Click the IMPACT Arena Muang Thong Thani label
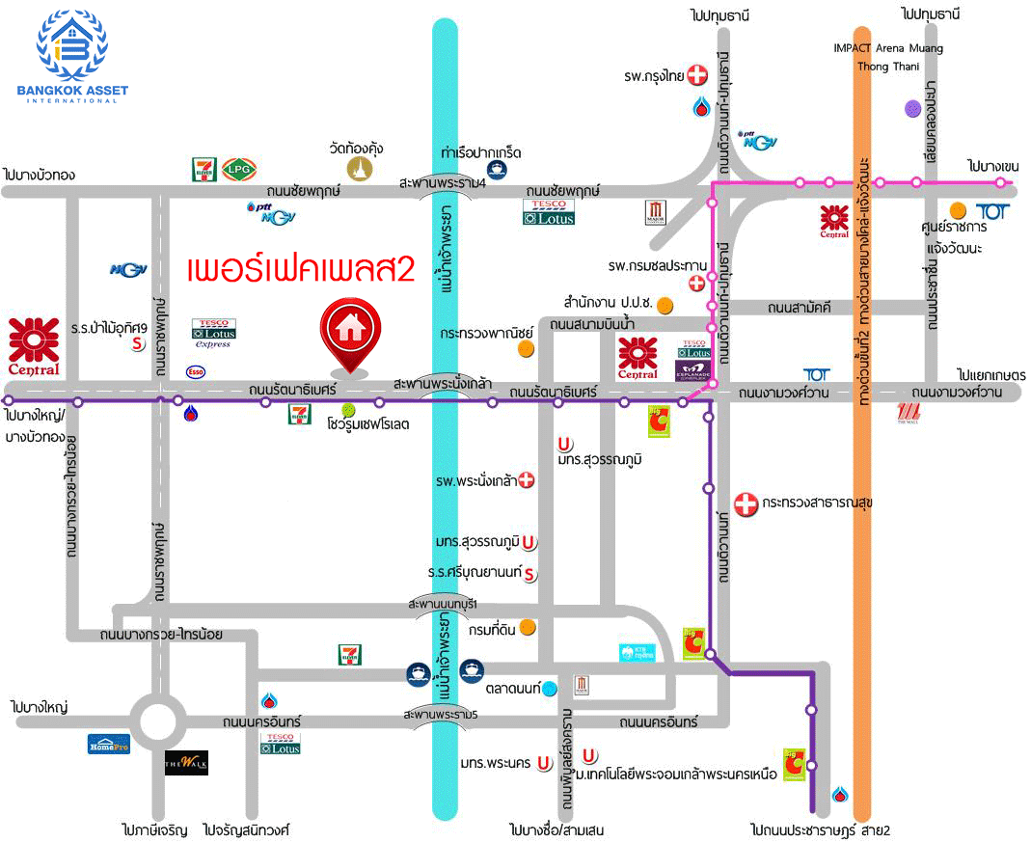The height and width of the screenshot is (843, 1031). tap(888, 57)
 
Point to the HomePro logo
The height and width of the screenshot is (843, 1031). tap(108, 744)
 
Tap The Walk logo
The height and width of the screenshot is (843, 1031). tap(186, 763)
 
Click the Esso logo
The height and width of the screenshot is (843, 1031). tap(195, 371)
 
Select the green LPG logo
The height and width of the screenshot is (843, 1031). tap(238, 170)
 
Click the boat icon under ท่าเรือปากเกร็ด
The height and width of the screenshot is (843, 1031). tap(496, 171)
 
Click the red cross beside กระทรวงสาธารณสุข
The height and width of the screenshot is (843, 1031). tap(745, 503)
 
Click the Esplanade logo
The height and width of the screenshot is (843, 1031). tap(693, 370)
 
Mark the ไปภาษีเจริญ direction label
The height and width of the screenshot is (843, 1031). tap(153, 829)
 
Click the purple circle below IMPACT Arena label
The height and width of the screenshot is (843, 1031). tap(912, 109)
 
